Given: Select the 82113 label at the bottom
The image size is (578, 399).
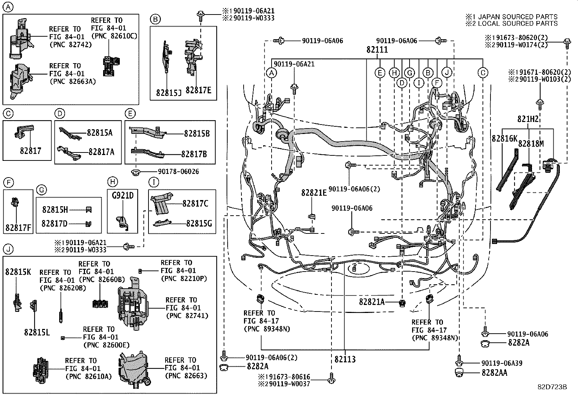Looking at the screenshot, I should pos(345,359).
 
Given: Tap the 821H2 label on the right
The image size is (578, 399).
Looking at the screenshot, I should pos(528,119).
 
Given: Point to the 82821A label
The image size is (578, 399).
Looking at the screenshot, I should pos(372,301).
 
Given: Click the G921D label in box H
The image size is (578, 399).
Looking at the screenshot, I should pos(123,196).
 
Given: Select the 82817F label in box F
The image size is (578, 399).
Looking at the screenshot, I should pos(18,228).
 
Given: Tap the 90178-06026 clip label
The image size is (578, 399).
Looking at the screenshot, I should pos(178,171).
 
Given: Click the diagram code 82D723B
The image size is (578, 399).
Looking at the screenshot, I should pos(552,387).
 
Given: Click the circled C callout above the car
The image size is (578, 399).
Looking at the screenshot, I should pos(483,73).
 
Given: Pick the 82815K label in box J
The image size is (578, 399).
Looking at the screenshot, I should pos(18,271).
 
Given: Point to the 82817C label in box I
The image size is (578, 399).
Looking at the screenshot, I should pos(195,204).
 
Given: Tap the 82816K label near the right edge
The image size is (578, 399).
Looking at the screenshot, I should pos(504,138).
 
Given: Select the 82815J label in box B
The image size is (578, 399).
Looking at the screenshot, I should pos(168,92).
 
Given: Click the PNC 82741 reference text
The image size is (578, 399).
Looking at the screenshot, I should pos(187,315).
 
